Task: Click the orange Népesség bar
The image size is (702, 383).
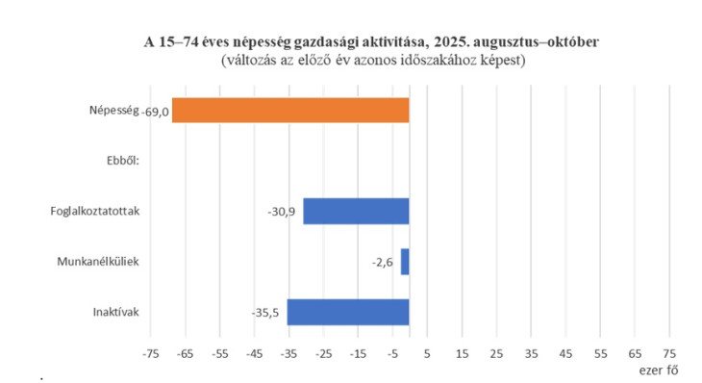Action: click(x=290, y=111)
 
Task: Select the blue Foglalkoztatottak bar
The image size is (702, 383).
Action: click(x=356, y=211)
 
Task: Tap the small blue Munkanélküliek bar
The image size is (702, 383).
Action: click(x=405, y=262)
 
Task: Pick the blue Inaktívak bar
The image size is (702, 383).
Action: click(x=348, y=312)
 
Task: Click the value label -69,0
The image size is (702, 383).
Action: click(x=155, y=112)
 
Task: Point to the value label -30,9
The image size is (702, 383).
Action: click(x=284, y=211)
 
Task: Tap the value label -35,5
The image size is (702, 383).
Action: click(x=266, y=313)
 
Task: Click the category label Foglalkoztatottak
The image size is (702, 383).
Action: click(x=95, y=212)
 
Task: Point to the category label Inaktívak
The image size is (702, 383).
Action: click(x=115, y=312)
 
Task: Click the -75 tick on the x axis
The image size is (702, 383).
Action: click(x=149, y=353)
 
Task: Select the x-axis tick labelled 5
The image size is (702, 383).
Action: click(x=427, y=353)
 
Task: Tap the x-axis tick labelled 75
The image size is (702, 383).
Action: click(x=670, y=353)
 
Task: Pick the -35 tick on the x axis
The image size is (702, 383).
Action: click(x=288, y=353)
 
